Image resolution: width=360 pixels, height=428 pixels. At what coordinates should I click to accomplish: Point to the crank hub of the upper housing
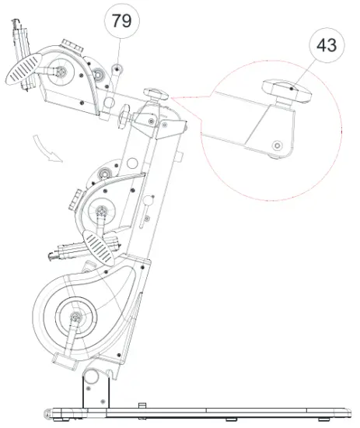pyautogui.click(x=61, y=71)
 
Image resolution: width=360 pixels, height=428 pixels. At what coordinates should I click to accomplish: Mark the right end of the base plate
pyautogui.click(x=348, y=410)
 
